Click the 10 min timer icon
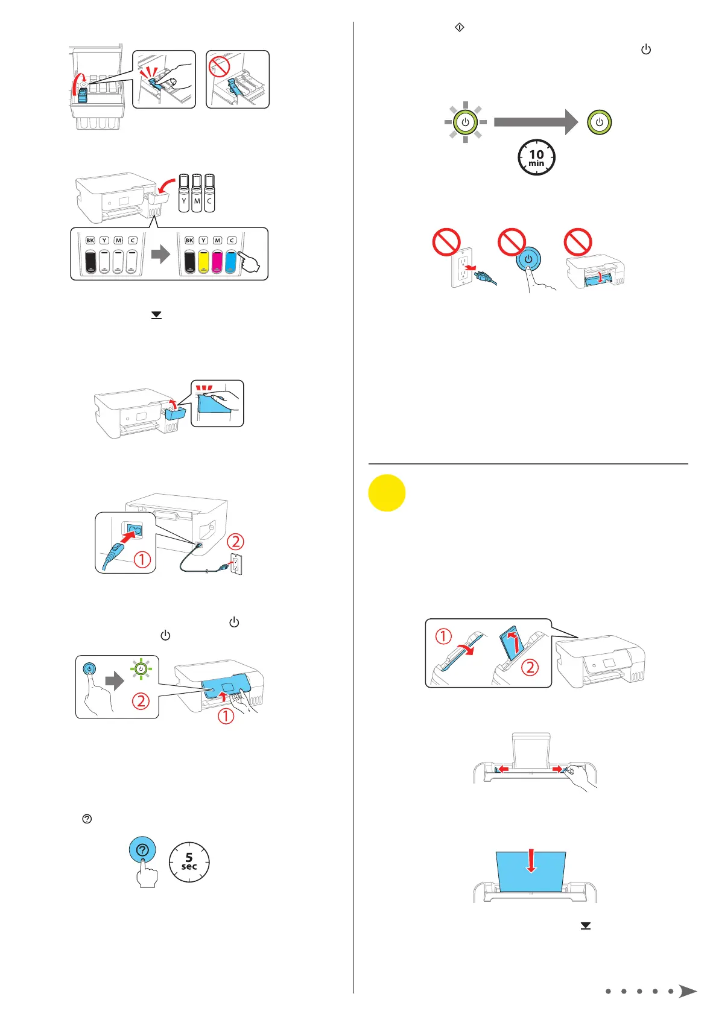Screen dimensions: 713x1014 click(x=536, y=158)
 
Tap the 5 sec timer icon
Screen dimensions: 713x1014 click(x=189, y=862)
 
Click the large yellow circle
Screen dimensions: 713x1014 click(x=387, y=493)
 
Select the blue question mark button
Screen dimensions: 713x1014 click(x=142, y=850)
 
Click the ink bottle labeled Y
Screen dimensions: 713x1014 click(x=184, y=193)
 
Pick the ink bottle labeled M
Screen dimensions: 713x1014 click(x=197, y=193)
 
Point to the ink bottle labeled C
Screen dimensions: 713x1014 click(x=209, y=193)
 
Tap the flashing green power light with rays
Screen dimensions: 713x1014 click(x=465, y=122)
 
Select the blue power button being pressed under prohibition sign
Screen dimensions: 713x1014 click(x=528, y=259)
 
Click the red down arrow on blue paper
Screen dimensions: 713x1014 click(x=531, y=861)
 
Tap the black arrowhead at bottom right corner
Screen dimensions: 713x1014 click(x=687, y=991)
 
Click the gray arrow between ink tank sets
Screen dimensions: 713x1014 click(x=160, y=254)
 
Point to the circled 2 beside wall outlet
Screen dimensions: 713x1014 click(x=235, y=541)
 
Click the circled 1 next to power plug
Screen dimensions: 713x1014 click(x=142, y=560)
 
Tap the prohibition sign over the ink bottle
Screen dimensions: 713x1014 click(x=219, y=66)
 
